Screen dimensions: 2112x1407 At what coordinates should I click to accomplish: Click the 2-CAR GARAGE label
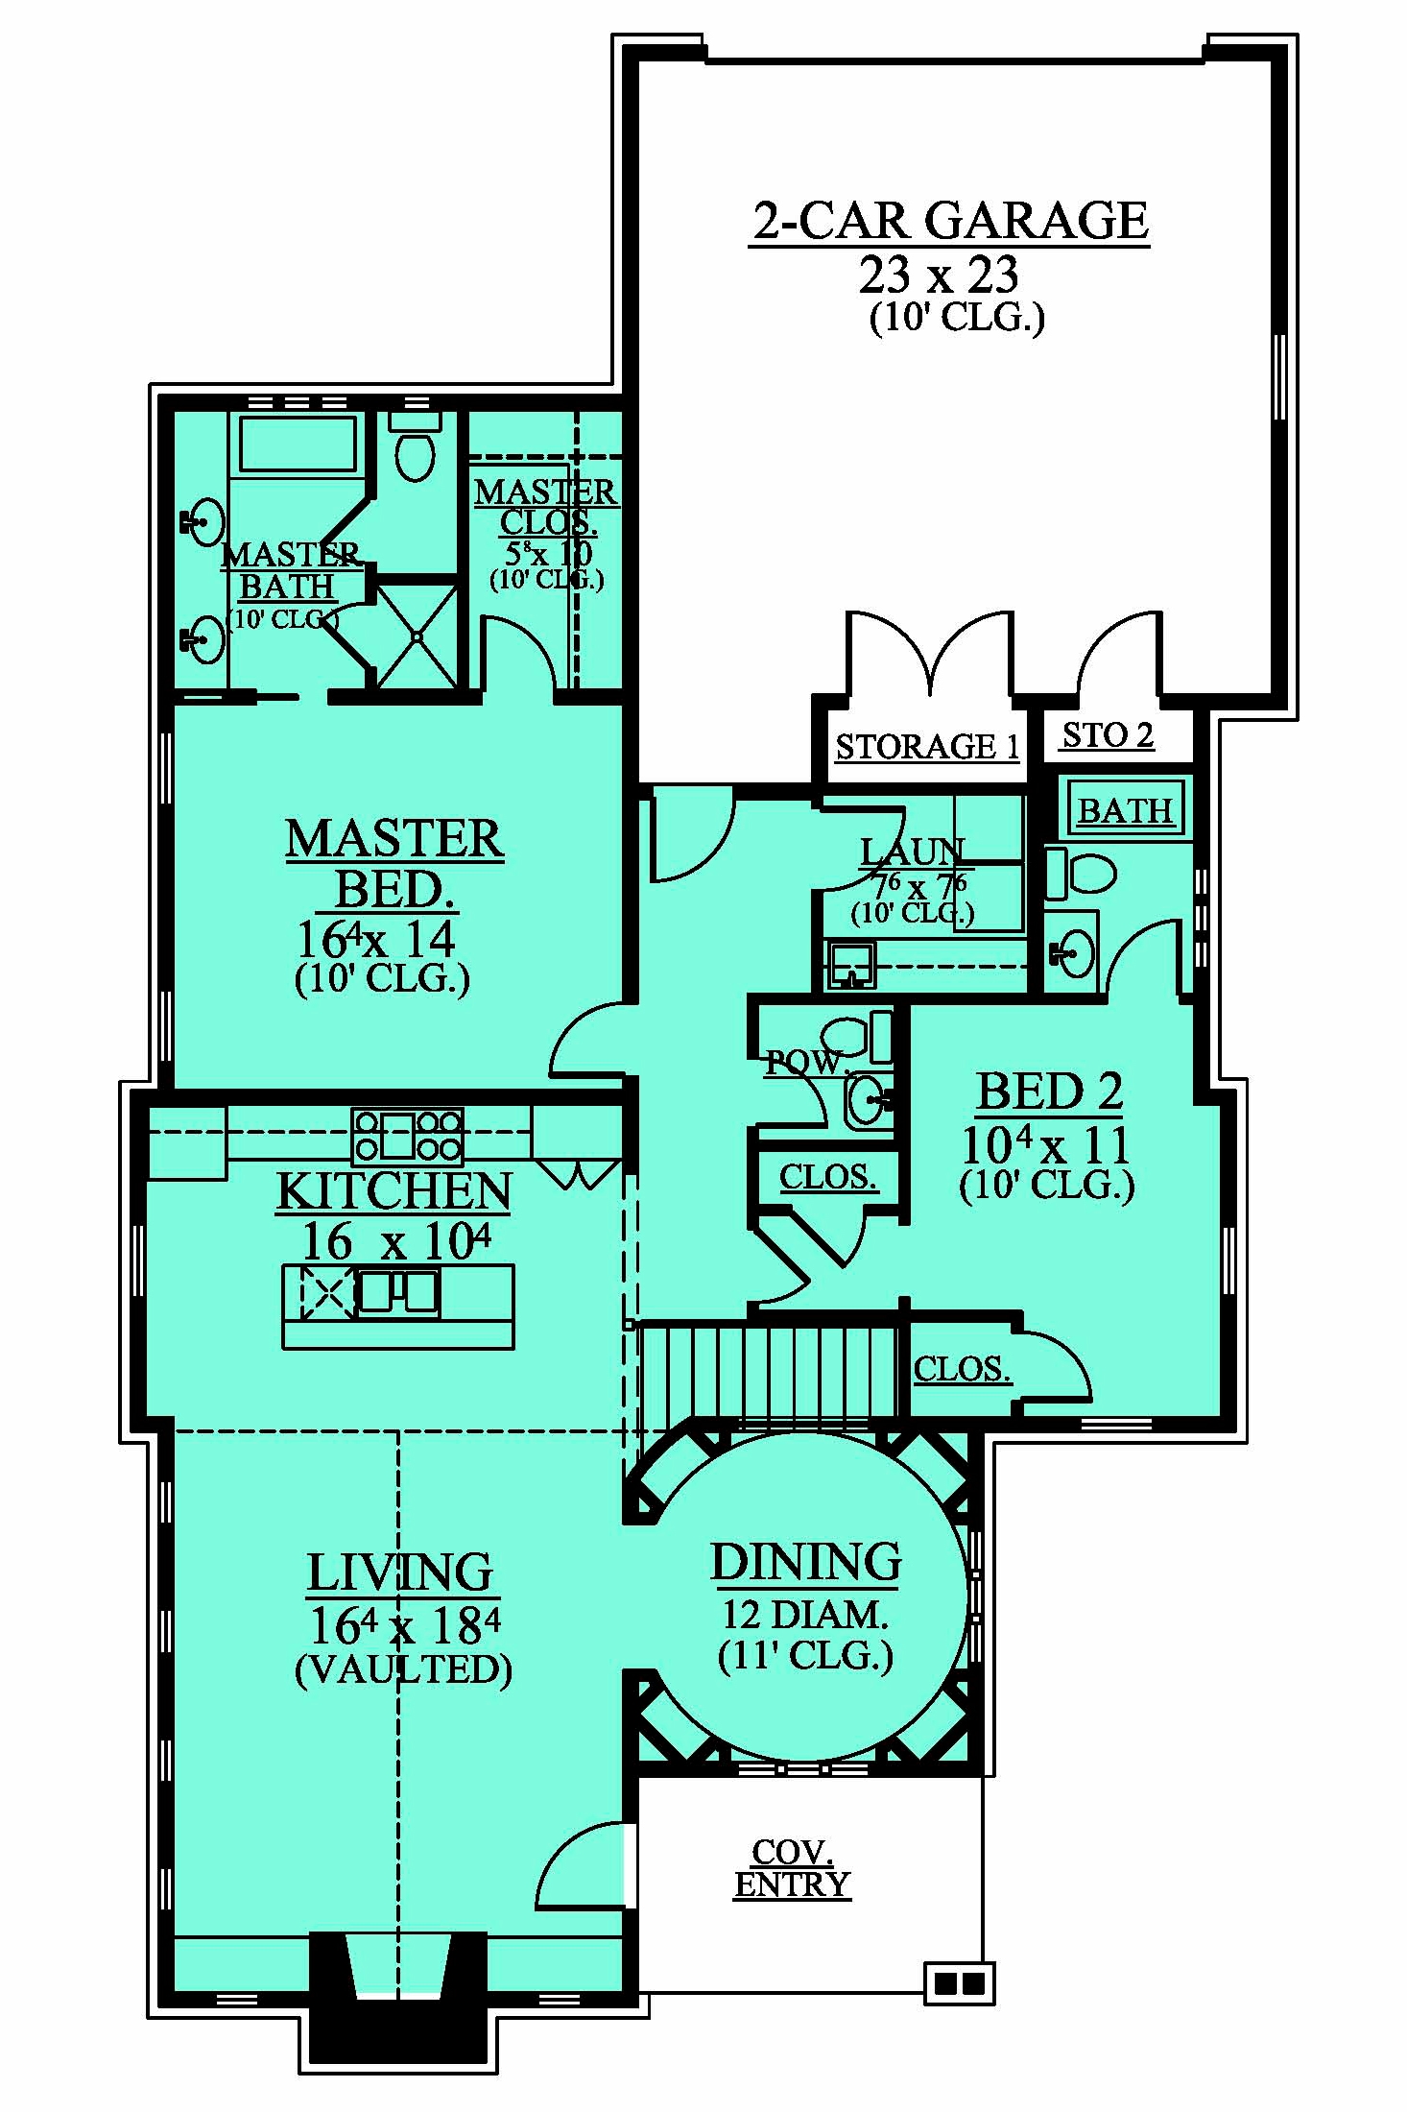949,221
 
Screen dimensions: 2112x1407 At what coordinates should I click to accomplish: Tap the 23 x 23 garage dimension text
938,276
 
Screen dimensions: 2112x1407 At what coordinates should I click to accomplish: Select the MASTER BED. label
394,864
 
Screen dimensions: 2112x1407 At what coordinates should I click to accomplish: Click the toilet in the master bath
415,448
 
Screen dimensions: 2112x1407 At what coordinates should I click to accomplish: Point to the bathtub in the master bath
298,444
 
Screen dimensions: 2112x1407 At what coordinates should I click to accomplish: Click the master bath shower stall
417,636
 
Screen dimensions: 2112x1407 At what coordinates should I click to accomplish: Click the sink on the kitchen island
398,1291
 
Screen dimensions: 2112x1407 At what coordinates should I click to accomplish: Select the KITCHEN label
393,1191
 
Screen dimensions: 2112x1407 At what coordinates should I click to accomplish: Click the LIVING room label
400,1572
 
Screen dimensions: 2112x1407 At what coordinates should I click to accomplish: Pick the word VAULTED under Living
403,1670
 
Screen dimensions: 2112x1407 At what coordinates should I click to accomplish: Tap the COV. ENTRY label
792,1868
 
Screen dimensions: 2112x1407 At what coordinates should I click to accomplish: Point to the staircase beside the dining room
768,1371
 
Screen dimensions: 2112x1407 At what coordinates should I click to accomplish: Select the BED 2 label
1048,1092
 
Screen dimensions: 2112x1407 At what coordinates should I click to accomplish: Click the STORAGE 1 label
926,747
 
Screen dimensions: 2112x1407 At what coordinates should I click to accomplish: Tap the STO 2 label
1108,735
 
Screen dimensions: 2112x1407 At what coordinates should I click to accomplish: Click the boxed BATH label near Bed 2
1126,810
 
